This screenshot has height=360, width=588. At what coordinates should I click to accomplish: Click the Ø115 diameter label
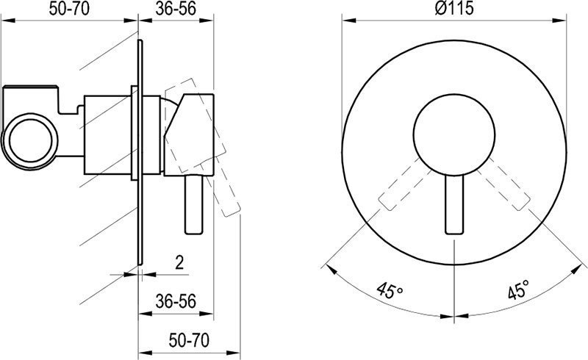454,8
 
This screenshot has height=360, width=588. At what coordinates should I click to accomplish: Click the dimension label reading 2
179,262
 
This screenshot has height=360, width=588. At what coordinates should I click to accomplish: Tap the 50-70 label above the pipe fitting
69,9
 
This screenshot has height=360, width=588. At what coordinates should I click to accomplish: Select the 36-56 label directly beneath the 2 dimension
176,301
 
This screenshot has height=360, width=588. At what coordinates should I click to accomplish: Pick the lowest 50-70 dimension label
189,340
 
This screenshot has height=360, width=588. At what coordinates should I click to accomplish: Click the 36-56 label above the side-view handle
176,9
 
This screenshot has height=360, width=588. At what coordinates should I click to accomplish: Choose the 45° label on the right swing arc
519,289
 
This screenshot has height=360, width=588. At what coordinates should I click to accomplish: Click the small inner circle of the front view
454,134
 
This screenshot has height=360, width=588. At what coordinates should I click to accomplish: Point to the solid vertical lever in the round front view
454,204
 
